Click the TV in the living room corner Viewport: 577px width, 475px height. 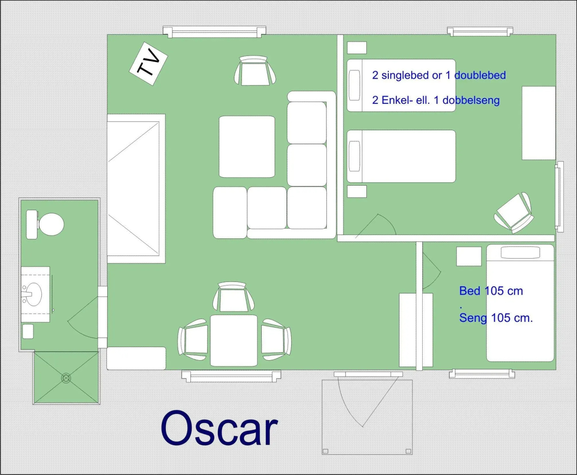148,63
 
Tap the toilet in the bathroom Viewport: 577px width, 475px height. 45,224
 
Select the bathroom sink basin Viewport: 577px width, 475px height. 33,294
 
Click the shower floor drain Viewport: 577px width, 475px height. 66,378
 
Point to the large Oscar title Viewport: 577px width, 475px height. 219,428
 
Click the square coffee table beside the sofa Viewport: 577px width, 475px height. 247,146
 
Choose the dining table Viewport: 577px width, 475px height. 234,340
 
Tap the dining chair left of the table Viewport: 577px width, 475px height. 193,340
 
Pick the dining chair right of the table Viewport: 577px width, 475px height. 276,340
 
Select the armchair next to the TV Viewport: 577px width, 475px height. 255,71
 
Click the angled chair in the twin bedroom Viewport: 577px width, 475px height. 514,213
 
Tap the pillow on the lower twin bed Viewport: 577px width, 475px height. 354,156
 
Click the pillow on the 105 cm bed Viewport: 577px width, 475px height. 520,252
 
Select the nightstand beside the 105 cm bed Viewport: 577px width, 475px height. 469,256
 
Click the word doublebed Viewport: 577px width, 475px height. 480,75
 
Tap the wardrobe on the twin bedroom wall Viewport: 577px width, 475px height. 539,123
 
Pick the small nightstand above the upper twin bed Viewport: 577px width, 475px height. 357,47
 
